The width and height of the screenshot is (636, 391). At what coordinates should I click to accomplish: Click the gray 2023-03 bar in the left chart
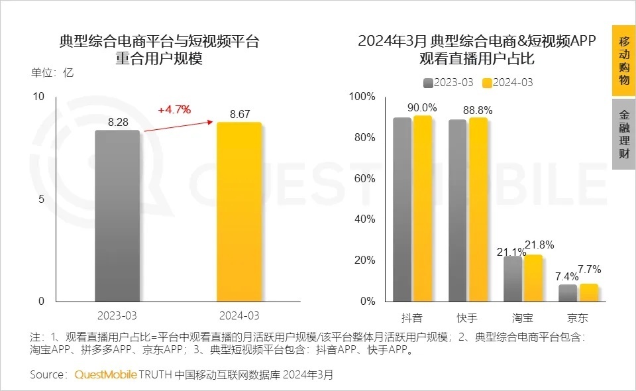coord(117,215)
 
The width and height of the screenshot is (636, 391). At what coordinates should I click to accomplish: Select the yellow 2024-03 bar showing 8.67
coord(239,212)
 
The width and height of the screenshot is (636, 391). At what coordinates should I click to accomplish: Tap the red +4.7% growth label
coord(174,109)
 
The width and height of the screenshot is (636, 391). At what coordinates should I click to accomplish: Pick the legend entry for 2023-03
coord(448,83)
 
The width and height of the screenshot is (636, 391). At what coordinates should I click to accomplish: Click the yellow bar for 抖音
coord(423,209)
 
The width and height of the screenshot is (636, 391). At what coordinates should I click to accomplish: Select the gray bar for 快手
coord(457,211)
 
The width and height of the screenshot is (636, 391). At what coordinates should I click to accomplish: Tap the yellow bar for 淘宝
coord(533,278)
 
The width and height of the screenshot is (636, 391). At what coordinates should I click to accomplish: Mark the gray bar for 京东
coord(568,293)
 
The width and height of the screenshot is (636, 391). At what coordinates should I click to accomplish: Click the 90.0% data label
coord(421,107)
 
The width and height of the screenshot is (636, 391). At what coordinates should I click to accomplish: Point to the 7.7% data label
coord(589,269)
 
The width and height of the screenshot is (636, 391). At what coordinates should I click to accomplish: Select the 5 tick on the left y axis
coord(40,199)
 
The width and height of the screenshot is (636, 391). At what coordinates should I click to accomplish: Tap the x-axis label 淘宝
coord(522,317)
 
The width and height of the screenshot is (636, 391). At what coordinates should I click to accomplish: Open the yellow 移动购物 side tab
coord(623,61)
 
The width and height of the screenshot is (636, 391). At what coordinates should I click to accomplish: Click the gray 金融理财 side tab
coord(623,135)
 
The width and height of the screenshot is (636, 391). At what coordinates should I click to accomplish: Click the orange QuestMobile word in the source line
coord(105,375)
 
